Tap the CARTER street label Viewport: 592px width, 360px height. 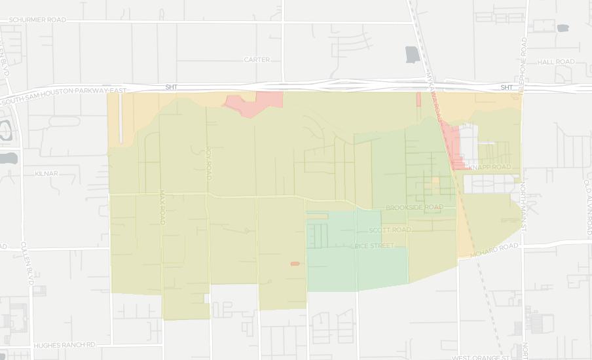(x=256, y=60)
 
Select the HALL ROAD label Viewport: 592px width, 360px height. (x=555, y=62)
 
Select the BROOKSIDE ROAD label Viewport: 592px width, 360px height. (x=414, y=207)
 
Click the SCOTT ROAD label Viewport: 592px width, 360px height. (x=389, y=230)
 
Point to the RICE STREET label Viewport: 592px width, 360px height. (x=373, y=245)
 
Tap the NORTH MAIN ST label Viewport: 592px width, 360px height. (x=523, y=206)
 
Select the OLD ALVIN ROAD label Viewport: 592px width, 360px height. (x=587, y=207)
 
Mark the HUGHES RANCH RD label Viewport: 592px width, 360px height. (x=64, y=344)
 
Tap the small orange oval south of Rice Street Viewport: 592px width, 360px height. (x=295, y=264)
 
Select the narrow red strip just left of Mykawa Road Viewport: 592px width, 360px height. (x=418, y=99)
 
